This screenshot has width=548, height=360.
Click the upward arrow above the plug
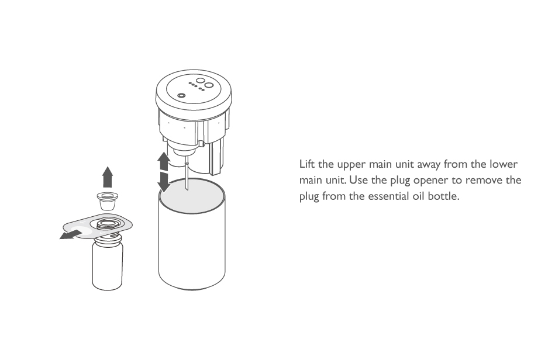pyautogui.click(x=108, y=177)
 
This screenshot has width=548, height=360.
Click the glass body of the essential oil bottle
pyautogui.click(x=107, y=265)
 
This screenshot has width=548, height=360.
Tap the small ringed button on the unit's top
pyautogui.click(x=181, y=96)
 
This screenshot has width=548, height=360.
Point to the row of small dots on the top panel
pyautogui.click(x=197, y=86)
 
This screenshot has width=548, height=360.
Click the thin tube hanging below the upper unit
pyautogui.click(x=187, y=172)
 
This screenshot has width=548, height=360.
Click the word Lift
pyautogui.click(x=307, y=164)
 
